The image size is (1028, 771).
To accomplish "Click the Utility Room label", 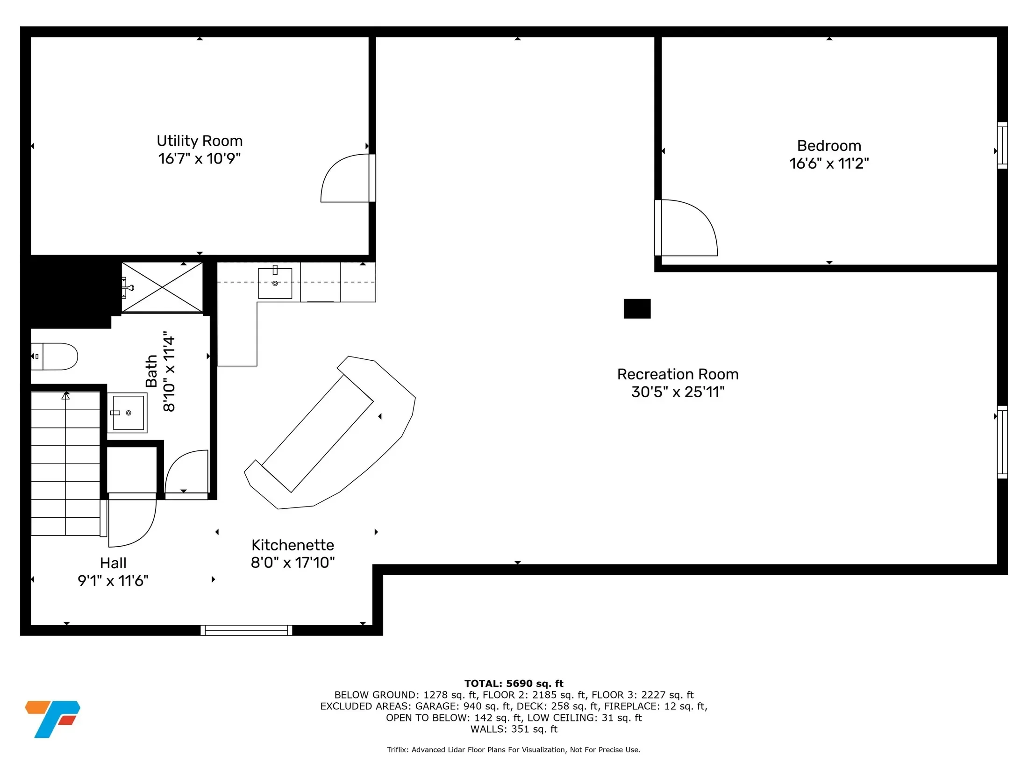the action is [x=200, y=141].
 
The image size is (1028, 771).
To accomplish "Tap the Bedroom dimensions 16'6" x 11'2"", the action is [x=829, y=164].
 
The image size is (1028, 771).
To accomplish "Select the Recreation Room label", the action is [x=678, y=374].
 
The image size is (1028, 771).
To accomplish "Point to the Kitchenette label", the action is [x=293, y=545].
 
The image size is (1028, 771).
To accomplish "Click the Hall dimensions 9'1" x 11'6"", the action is [x=113, y=580].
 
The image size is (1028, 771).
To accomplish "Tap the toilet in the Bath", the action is [x=54, y=357].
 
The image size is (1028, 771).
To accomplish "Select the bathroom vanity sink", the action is [x=127, y=413].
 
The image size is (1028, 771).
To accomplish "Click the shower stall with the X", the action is [x=162, y=287].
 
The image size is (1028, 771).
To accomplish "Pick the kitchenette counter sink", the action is [x=275, y=283].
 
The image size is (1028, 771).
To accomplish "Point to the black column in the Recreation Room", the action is [x=637, y=308].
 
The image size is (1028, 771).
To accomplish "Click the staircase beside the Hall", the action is [x=65, y=464].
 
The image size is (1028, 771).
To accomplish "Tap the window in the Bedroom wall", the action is [x=1002, y=145].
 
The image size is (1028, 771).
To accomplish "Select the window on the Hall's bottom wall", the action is [x=246, y=630].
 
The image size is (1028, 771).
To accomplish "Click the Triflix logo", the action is [x=52, y=719].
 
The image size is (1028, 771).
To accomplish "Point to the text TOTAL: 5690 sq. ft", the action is [x=514, y=684].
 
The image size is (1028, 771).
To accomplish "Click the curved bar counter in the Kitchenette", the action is [x=330, y=432].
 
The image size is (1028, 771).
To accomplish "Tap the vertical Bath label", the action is [x=151, y=371].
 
